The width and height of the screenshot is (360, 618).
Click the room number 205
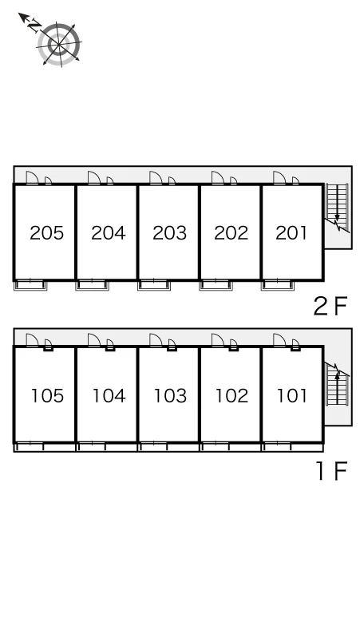pyautogui.click(x=46, y=233)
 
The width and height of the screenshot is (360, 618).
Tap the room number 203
pyautogui.click(x=169, y=233)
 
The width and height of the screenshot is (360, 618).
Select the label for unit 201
pyautogui.click(x=291, y=233)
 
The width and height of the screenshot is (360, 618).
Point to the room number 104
pyautogui.click(x=109, y=396)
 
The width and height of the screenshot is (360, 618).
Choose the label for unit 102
pyautogui.click(x=231, y=396)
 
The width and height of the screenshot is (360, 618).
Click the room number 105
pyautogui.click(x=47, y=396)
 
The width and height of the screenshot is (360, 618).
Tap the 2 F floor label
pyautogui.click(x=330, y=306)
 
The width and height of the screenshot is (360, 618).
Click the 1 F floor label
pyautogui.click(x=332, y=470)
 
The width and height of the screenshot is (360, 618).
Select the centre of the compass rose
pyautogui.click(x=59, y=44)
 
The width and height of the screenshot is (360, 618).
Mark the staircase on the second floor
pyautogui.click(x=338, y=208)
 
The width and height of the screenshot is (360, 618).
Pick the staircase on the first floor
pyautogui.click(x=338, y=384)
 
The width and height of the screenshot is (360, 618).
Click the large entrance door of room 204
pyautogui.click(x=94, y=178)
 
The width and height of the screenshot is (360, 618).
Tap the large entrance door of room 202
pyautogui.click(x=218, y=178)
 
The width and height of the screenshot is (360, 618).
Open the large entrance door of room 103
pyautogui.click(x=156, y=340)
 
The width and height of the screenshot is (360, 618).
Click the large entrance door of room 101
pyautogui.click(x=279, y=340)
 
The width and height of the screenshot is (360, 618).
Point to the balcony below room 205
pyautogui.click(x=30, y=285)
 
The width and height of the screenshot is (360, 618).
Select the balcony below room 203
pyautogui.click(x=154, y=285)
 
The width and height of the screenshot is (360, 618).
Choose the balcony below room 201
pyautogui.click(x=277, y=285)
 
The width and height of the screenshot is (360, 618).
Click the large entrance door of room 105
pyautogui.click(x=32, y=340)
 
